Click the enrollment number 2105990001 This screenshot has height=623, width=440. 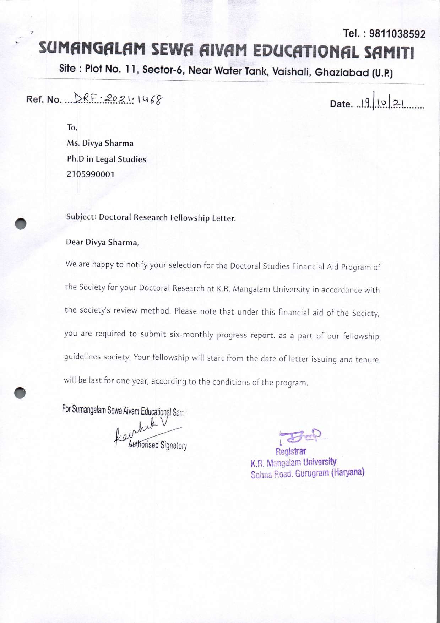tap(91, 174)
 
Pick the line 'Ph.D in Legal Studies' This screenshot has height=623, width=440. tap(107, 159)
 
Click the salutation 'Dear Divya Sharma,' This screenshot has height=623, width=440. tap(102, 242)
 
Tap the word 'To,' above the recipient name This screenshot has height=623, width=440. tap(72, 128)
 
